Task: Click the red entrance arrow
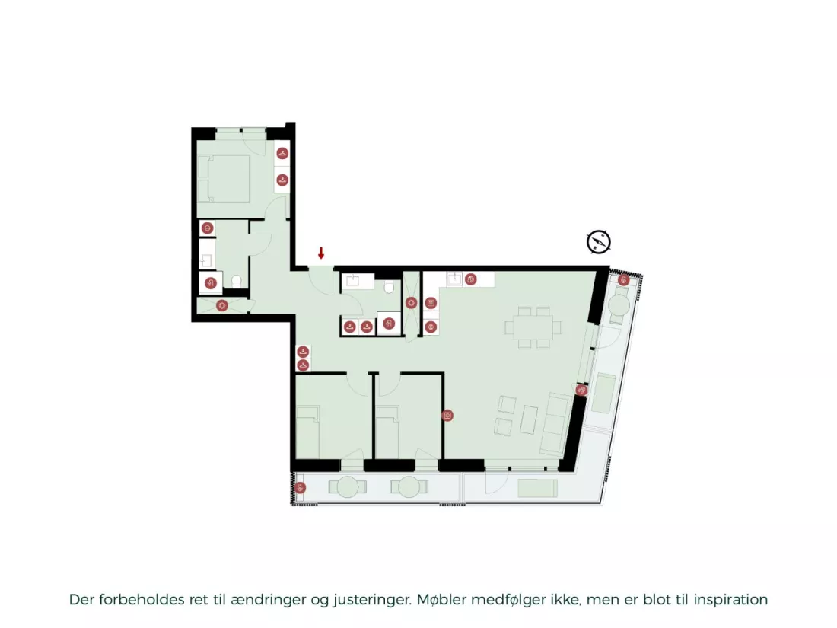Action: pos(321,253)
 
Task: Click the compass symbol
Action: pos(598,242)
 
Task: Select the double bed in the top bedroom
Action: pos(224,179)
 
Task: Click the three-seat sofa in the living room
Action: pos(556,423)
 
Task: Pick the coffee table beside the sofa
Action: pos(529,419)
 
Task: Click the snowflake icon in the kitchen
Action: pos(431,327)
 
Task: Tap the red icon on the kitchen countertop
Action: pos(470,279)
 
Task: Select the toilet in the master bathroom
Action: pos(237,281)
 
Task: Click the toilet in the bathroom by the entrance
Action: pos(389,287)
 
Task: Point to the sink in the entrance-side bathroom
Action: pos(353,282)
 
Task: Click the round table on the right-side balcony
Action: pos(619,305)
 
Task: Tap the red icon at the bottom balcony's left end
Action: pos(301,487)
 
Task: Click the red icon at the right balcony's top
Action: pos(623,280)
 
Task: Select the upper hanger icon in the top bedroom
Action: pos(282,153)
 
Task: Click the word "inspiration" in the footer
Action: pos(730,600)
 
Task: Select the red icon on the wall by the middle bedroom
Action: pos(447,416)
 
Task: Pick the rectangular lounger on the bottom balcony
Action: pos(537,488)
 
